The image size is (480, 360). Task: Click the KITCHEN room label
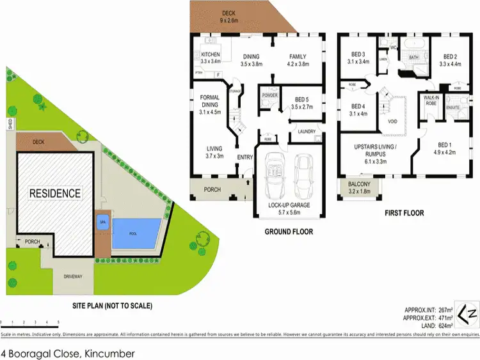(211, 54)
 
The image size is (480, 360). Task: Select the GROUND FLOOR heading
(289, 231)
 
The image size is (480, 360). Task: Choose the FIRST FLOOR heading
(405, 213)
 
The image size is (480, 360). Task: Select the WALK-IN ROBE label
(431, 100)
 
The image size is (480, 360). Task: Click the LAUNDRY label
(305, 131)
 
